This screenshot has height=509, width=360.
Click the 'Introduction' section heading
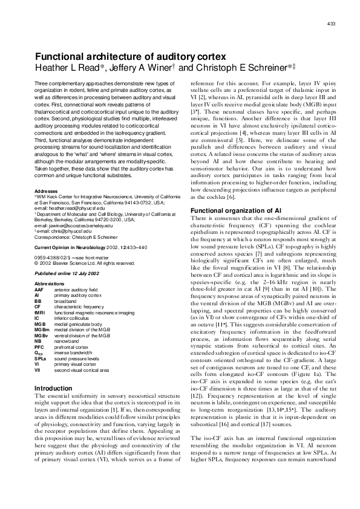[54, 388]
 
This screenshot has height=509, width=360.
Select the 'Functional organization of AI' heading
[228, 210]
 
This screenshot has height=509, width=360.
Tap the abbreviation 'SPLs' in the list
[41, 358]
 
